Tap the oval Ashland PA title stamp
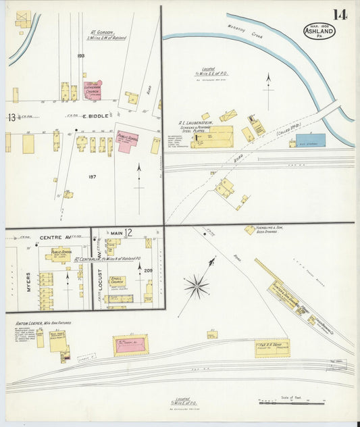click(x=319, y=31)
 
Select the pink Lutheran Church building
click(x=93, y=91)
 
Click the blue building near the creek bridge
click(x=310, y=140)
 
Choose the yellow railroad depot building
click(x=272, y=347)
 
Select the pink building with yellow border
click(x=131, y=345)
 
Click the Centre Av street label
click(x=55, y=238)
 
